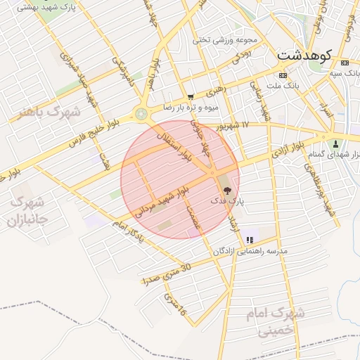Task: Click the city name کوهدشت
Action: point(307,53)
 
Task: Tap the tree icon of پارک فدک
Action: point(226,190)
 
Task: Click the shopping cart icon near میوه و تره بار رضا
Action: point(190,97)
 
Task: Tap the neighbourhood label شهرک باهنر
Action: point(50,112)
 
